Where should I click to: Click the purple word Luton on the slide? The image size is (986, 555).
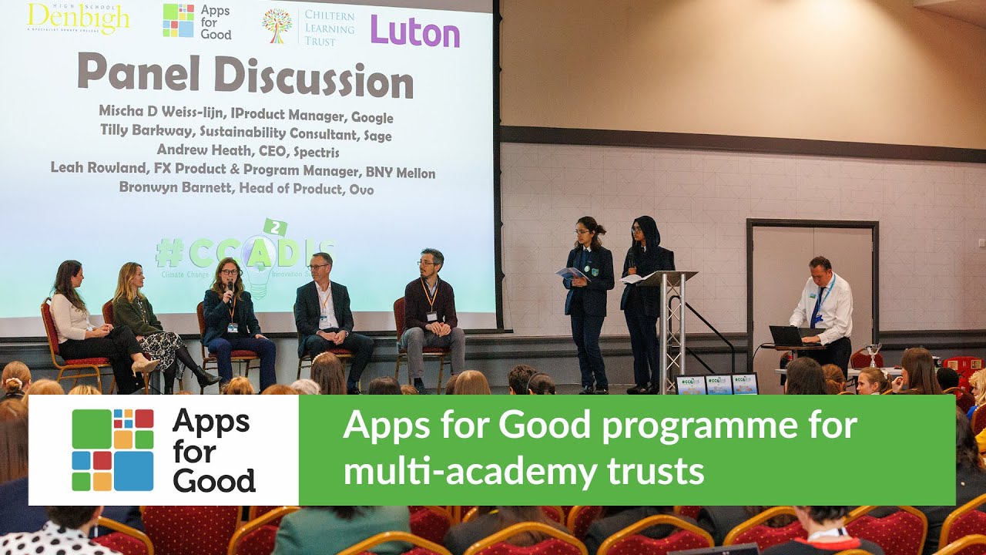click(x=414, y=32)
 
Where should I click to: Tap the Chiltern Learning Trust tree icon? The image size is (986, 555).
click(x=277, y=25)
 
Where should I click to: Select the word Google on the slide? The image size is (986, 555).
click(x=372, y=117)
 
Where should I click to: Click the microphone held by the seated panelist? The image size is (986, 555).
click(x=230, y=290)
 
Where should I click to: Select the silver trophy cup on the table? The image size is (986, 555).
click(x=873, y=354)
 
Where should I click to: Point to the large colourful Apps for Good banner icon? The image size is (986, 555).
click(x=112, y=450)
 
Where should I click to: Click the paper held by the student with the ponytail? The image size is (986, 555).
click(x=571, y=273)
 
